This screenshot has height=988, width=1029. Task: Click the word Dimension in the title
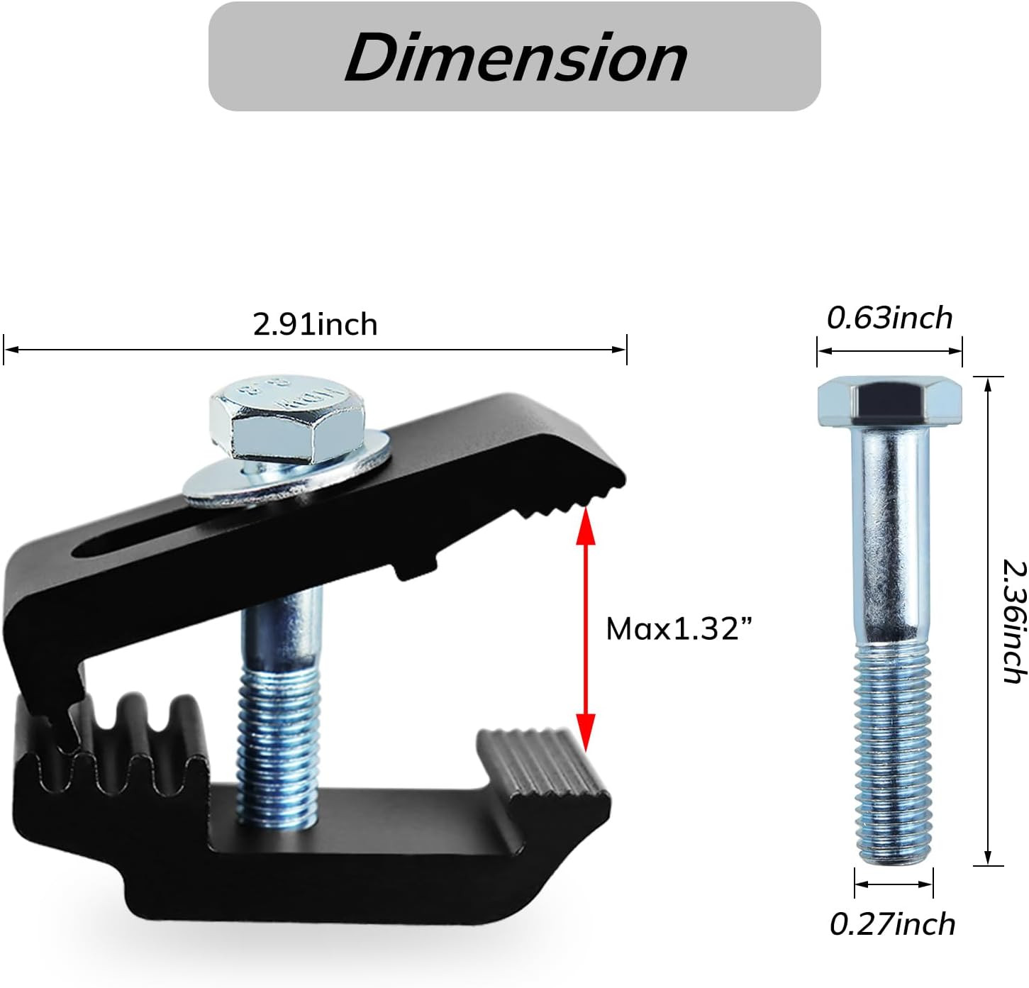(516, 57)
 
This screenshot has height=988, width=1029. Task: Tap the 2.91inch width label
(315, 324)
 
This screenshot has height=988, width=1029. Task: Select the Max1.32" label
(679, 628)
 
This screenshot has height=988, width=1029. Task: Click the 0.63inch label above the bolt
(889, 318)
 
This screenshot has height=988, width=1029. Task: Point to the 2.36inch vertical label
(1014, 621)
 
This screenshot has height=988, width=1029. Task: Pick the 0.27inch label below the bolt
(893, 924)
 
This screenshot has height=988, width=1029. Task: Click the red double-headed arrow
(585, 629)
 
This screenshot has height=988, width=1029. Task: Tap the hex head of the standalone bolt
(889, 401)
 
